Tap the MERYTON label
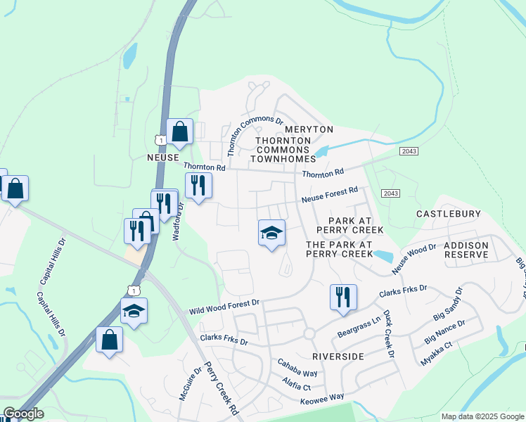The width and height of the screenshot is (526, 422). tap(309, 129)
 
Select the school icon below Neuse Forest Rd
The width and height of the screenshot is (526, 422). tap(271, 232)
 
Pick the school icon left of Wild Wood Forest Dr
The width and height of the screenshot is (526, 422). tap(133, 310)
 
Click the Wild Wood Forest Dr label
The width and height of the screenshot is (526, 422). tap(224, 307)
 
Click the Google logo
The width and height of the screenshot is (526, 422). tap(23, 414)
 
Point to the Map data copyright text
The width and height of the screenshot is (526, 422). tap(482, 416)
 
